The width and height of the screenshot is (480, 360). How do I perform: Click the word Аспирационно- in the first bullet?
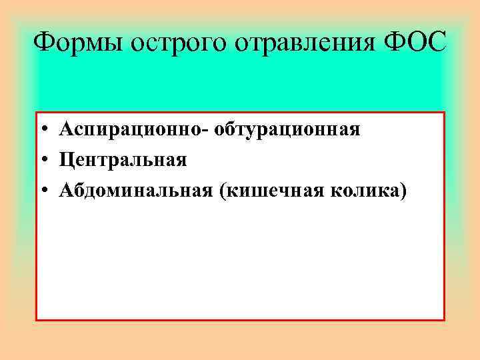pyautogui.click(x=133, y=129)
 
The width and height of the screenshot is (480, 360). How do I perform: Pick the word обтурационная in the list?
pyautogui.click(x=287, y=129)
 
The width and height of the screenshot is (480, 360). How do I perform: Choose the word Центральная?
pyautogui.click(x=123, y=161)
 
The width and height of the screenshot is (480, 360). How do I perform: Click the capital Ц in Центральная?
pyautogui.click(x=66, y=161)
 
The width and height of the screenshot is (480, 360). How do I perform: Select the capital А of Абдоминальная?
pyautogui.click(x=65, y=191)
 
